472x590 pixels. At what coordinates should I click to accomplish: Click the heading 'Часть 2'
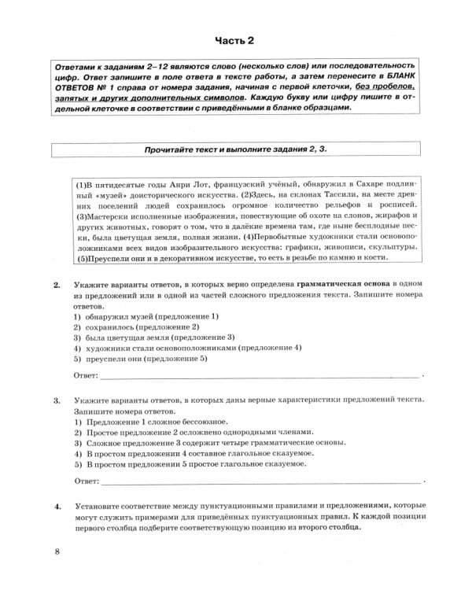click(235, 39)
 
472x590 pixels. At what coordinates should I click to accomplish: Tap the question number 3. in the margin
click(57, 400)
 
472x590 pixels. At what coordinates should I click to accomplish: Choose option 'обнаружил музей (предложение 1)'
click(141, 315)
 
